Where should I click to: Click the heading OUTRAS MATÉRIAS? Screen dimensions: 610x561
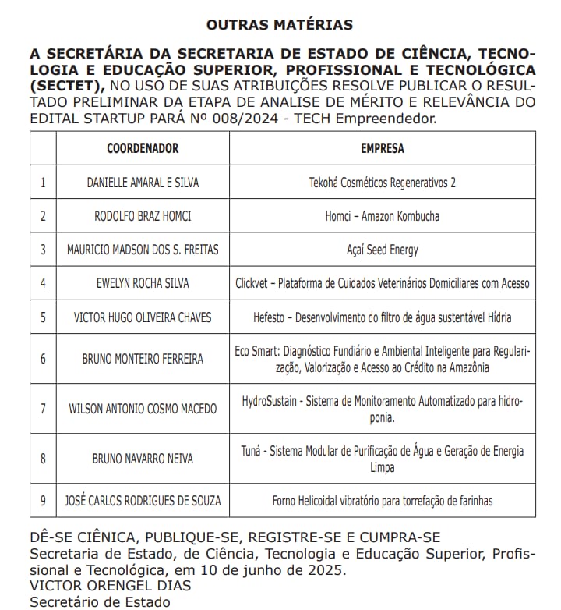pyautogui.click(x=280, y=24)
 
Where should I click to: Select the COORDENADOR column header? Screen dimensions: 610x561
pyautogui.click(x=143, y=148)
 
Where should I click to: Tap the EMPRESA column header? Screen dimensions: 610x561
pyautogui.click(x=383, y=148)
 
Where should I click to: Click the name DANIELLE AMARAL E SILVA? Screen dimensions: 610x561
pyautogui.click(x=143, y=183)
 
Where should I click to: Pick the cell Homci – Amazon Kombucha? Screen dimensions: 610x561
pyautogui.click(x=382, y=216)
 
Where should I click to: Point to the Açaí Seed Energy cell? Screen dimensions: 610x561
pyautogui.click(x=382, y=250)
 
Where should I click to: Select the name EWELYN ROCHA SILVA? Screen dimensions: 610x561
pyautogui.click(x=143, y=283)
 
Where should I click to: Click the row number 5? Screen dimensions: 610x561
pyautogui.click(x=43, y=317)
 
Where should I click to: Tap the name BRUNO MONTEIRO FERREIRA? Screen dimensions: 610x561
pyautogui.click(x=143, y=359)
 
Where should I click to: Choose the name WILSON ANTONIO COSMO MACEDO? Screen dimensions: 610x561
pyautogui.click(x=143, y=408)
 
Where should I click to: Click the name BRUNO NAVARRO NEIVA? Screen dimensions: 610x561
pyautogui.click(x=143, y=459)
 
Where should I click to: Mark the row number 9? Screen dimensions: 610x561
pyautogui.click(x=43, y=500)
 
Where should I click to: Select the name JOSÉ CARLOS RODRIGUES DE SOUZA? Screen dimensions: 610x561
pyautogui.click(x=143, y=500)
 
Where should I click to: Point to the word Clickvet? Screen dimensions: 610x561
pyautogui.click(x=255, y=283)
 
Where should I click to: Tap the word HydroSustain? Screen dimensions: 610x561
pyautogui.click(x=270, y=401)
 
